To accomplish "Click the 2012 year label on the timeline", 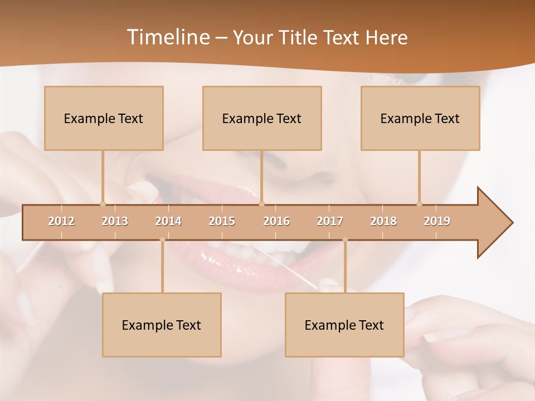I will coord(61,221).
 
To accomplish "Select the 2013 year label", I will coord(115,221).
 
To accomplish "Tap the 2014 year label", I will coord(168,221).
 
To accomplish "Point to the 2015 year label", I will coord(222,221).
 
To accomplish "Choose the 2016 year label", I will coord(276,221).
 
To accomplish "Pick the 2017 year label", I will coord(330,221).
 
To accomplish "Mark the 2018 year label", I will coord(383,221).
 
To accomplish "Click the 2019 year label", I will coord(437,221).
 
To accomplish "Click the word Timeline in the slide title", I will coord(167,37).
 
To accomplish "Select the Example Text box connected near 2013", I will coord(104,118).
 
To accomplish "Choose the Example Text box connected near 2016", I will coord(262,118).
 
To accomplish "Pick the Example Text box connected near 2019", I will coord(420,118).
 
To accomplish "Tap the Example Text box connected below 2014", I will coord(162,325).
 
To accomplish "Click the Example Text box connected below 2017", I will coord(344,325).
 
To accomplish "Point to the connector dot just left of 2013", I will coord(103,204).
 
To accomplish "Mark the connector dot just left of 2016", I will coord(261,204).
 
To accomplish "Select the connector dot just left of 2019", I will coord(420,204).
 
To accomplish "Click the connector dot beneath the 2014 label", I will coord(162,239).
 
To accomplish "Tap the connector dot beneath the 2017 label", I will coord(345,239).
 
